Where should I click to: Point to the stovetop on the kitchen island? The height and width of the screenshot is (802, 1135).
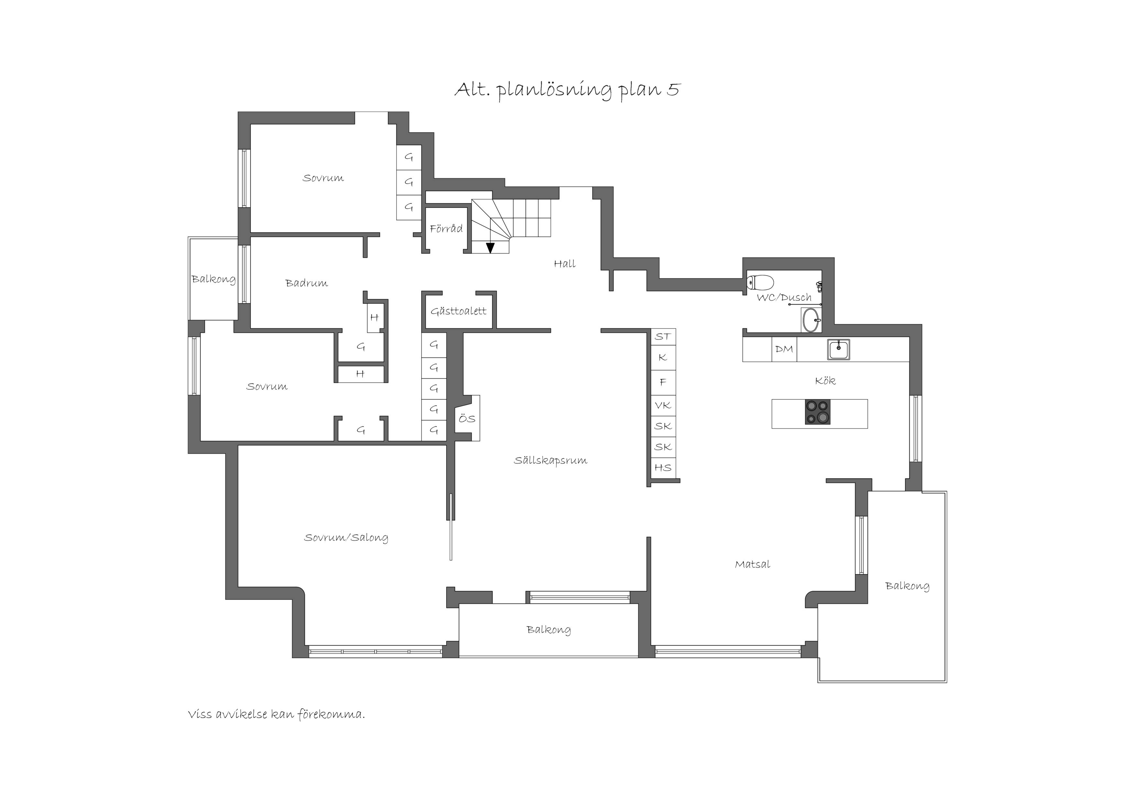(x=818, y=412)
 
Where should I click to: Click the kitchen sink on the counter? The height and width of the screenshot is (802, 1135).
(x=839, y=349)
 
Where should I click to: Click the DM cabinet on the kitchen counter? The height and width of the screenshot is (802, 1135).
(x=784, y=349)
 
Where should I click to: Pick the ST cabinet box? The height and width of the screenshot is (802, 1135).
(x=663, y=337)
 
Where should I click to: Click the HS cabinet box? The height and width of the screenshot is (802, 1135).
(x=663, y=468)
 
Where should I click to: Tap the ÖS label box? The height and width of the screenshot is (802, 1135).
(x=467, y=418)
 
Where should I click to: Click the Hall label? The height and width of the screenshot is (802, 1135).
(x=565, y=264)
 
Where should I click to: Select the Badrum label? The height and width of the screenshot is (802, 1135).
(x=306, y=283)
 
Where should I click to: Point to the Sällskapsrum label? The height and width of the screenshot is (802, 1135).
(x=551, y=461)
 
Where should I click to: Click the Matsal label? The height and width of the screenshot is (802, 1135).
(x=752, y=564)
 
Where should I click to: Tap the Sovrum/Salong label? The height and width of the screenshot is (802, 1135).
(x=346, y=538)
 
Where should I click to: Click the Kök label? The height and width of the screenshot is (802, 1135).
(x=825, y=381)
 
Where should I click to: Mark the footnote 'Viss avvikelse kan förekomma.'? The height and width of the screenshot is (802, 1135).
(x=276, y=715)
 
